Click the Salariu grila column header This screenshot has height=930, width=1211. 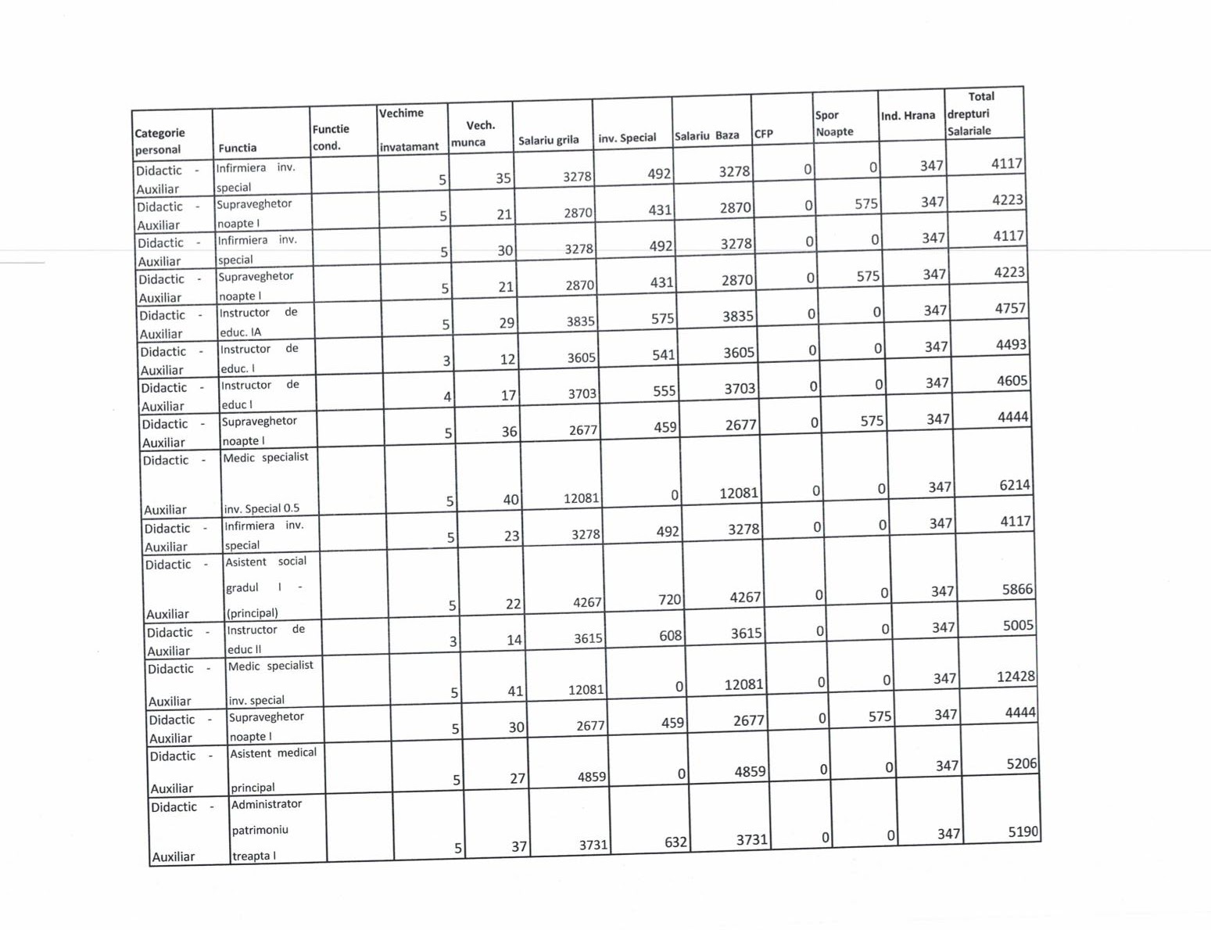[x=549, y=140]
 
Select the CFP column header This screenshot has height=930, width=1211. [x=764, y=134]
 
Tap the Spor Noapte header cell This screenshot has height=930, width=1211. [x=834, y=124]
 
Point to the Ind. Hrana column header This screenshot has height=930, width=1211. [x=908, y=116]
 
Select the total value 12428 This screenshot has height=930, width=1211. [x=1016, y=677]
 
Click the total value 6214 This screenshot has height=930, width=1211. [x=1015, y=485]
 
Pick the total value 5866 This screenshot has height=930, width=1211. [x=1017, y=589]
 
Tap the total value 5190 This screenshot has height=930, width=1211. [x=1023, y=831]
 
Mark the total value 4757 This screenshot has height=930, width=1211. [x=1010, y=308]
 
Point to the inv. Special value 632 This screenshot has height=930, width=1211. [x=675, y=842]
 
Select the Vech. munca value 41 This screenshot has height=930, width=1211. [x=514, y=691]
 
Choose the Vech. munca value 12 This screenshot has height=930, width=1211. [x=507, y=359]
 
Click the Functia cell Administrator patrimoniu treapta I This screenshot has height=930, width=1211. [x=267, y=830]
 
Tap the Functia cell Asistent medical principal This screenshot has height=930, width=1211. [x=273, y=770]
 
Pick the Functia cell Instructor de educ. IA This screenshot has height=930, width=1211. [x=258, y=322]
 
